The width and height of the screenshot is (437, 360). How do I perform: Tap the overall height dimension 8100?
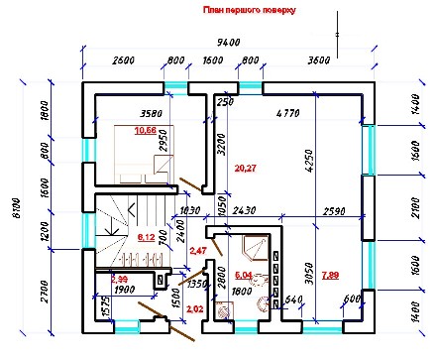pos(10,205)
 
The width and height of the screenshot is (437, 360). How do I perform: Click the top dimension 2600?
pos(123,60)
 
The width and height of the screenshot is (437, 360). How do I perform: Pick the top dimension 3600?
pos(318,60)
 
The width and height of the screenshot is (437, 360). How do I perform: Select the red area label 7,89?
pos(331,275)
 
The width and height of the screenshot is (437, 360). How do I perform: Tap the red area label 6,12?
pos(146,238)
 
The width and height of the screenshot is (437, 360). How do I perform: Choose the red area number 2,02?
pos(194,311)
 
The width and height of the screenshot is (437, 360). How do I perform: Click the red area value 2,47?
pos(198,253)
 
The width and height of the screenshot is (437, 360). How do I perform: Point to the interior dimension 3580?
pos(152,114)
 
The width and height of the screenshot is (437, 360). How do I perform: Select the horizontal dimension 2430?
pos(245,211)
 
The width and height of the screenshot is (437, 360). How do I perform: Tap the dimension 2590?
pos(332,211)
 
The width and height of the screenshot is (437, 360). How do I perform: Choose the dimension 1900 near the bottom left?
pos(125,290)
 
